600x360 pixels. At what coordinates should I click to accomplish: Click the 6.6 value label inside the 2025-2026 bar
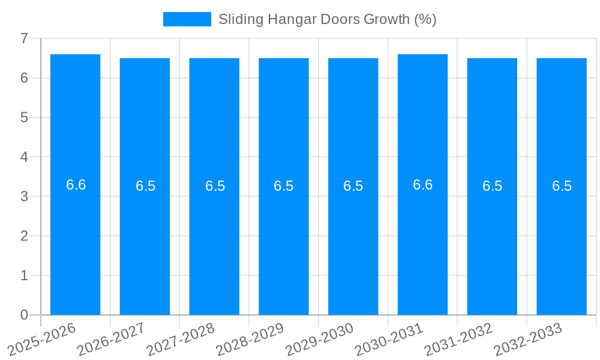[76, 185]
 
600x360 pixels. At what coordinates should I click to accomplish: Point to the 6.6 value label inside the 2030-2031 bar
[422, 185]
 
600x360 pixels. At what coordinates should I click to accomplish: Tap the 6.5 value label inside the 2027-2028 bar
[215, 186]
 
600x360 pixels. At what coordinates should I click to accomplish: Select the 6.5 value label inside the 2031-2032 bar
[492, 186]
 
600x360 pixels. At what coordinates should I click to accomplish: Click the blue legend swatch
[187, 19]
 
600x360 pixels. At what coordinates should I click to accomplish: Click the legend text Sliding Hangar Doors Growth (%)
[327, 19]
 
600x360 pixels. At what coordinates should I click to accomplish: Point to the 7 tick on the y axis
[24, 38]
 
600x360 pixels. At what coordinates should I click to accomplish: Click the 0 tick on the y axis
[24, 315]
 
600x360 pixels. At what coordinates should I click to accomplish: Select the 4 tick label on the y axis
[24, 157]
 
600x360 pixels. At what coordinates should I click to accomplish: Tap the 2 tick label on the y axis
[24, 236]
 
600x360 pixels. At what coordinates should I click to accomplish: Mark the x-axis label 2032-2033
[529, 339]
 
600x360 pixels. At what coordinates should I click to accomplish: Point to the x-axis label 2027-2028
[181, 339]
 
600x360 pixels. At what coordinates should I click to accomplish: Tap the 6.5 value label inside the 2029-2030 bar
[353, 186]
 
